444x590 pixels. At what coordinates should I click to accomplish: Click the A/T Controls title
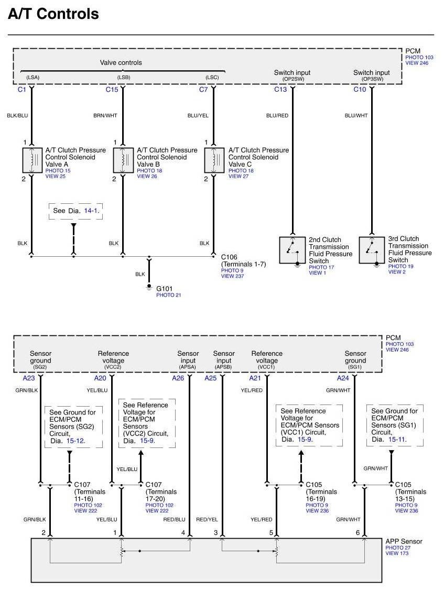[x=53, y=14]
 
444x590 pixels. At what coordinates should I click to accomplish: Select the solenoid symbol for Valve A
[x=32, y=160]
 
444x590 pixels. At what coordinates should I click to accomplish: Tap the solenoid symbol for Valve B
[x=123, y=160]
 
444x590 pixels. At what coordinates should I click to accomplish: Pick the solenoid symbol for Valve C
[x=214, y=160]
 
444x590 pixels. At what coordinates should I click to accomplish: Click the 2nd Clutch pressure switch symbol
[x=293, y=249]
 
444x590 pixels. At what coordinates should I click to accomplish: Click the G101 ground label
[x=164, y=288]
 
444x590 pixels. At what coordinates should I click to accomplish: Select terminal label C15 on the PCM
[x=112, y=90]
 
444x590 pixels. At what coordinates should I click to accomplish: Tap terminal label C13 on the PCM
[x=280, y=90]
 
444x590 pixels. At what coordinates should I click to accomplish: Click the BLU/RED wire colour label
[x=277, y=115]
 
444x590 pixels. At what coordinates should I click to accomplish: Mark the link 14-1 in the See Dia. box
[x=91, y=210]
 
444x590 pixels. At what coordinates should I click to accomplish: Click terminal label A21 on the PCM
[x=254, y=378]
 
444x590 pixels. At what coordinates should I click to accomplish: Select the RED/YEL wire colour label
[x=207, y=519]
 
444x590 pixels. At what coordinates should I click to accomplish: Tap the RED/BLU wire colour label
[x=175, y=519]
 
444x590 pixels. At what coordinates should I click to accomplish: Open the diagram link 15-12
[x=77, y=441]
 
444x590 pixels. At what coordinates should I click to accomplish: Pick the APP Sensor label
[x=404, y=541]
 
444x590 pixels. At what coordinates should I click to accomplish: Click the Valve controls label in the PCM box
[x=121, y=63]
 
